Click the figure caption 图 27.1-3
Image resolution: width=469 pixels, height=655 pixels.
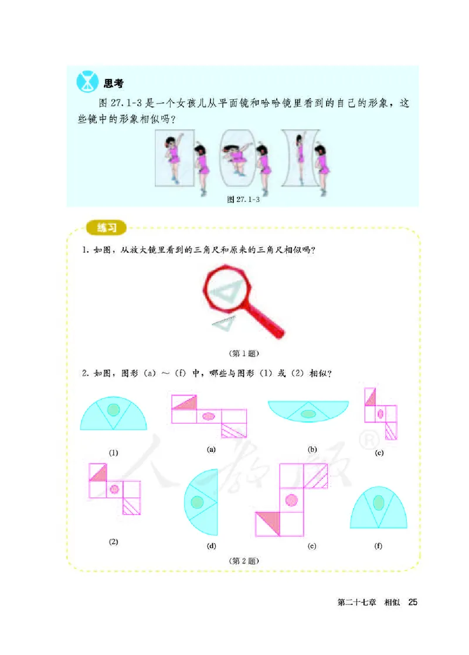coord(243,199)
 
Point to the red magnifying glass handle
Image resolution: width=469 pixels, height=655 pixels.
coord(267,320)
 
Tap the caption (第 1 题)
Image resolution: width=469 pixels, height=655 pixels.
coord(243,353)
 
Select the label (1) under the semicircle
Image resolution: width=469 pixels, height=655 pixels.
coord(114,451)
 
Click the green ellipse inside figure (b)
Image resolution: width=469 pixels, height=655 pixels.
coord(308,414)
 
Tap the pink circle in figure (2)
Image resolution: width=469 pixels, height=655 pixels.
coord(115,489)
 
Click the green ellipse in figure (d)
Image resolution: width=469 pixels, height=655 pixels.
coord(198,502)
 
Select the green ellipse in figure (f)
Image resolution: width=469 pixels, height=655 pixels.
coord(379,503)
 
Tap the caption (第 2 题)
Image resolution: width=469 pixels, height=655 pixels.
coord(243,560)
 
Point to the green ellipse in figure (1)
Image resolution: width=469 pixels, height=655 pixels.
coord(114,410)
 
